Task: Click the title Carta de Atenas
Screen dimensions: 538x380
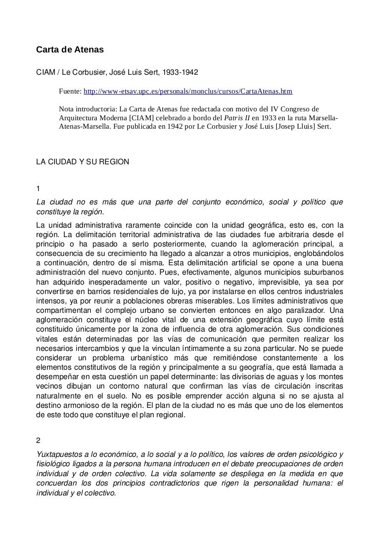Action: coord(70,50)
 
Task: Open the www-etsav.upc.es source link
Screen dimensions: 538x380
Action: coord(188,92)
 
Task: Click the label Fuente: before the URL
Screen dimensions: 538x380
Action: coord(70,92)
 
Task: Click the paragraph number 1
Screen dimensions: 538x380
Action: coord(39,189)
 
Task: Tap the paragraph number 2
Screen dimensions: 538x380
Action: coord(39,440)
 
